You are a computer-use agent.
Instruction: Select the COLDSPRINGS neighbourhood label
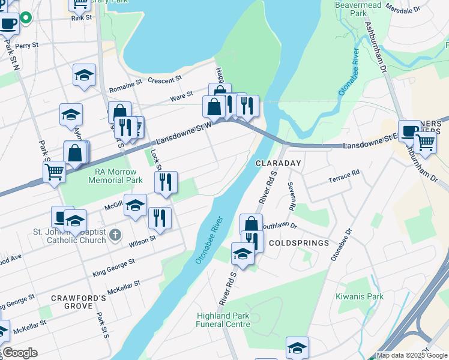299,243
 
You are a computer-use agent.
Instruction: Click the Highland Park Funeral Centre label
223,320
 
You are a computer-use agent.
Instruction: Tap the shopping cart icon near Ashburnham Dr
425,142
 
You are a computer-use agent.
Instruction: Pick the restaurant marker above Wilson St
159,217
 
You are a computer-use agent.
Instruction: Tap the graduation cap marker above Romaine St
85,75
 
